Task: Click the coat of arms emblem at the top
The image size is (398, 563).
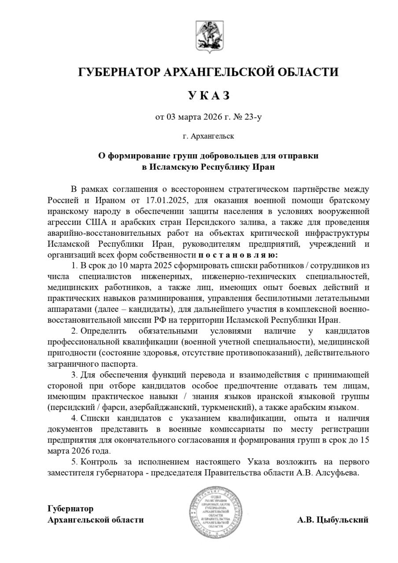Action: click(209, 37)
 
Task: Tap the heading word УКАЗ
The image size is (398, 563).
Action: click(209, 95)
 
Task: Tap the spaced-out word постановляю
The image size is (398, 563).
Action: click(238, 255)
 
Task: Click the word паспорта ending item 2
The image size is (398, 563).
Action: click(118, 364)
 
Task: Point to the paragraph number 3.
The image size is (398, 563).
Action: click(74, 375)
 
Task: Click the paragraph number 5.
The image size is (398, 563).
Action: click(74, 462)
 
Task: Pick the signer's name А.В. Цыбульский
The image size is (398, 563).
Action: click(332, 520)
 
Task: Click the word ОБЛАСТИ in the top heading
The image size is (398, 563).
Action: click(306, 72)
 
